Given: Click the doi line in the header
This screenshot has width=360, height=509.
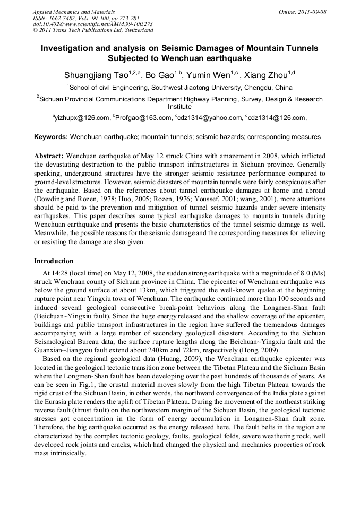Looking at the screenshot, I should pyautogui.click(x=92, y=24).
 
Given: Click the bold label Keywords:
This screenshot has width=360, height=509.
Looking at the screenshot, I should pyautogui.click(x=51, y=137).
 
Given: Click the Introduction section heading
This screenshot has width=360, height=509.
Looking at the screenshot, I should pyautogui.click(x=54, y=261).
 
